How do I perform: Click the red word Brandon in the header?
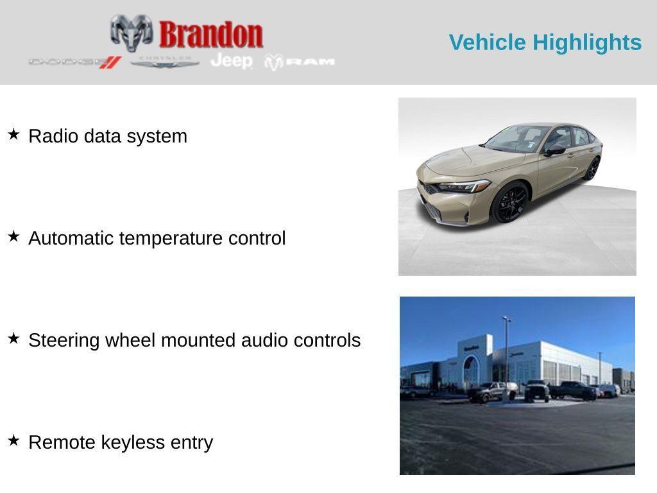(x=211, y=35)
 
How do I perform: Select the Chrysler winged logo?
(x=165, y=62)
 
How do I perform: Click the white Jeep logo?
(x=232, y=61)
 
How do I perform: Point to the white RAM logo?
(x=300, y=62)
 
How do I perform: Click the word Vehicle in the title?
(x=488, y=42)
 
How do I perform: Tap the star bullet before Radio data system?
(x=13, y=134)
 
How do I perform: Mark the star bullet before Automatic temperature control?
(x=13, y=236)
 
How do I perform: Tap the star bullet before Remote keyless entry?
(x=13, y=440)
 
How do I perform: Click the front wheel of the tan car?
(x=510, y=202)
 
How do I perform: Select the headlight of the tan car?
(x=464, y=187)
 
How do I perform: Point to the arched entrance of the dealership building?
(x=471, y=372)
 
